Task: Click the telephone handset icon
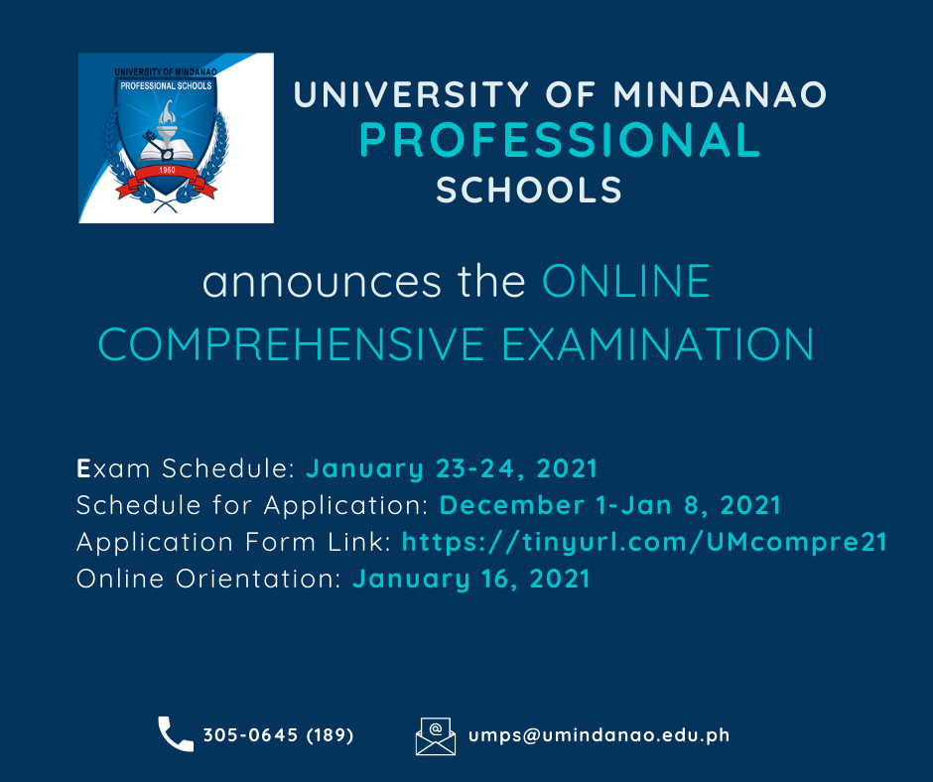point(176,734)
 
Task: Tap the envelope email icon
point(435,735)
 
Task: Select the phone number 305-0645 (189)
point(278,735)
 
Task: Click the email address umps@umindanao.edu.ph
point(599,735)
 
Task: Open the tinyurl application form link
point(644,542)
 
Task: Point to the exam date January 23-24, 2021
point(452,467)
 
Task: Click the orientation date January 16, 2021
point(471,579)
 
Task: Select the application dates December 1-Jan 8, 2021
point(609,505)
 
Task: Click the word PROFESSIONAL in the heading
point(560,141)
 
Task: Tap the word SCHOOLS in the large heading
point(529,190)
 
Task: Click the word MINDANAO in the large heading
point(720,95)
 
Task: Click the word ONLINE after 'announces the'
point(626,282)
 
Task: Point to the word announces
point(322,282)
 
